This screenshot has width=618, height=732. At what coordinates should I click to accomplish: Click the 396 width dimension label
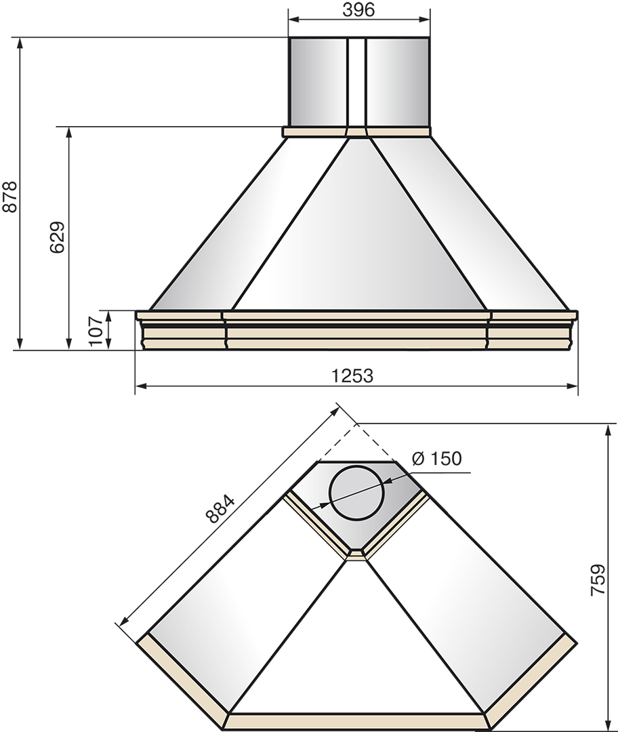[358, 9]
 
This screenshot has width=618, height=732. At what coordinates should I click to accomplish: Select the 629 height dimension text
[57, 237]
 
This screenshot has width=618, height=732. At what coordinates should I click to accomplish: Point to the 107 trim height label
[96, 331]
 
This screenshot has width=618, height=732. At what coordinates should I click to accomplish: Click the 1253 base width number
[352, 375]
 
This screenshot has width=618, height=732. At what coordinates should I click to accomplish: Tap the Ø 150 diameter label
[437, 458]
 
